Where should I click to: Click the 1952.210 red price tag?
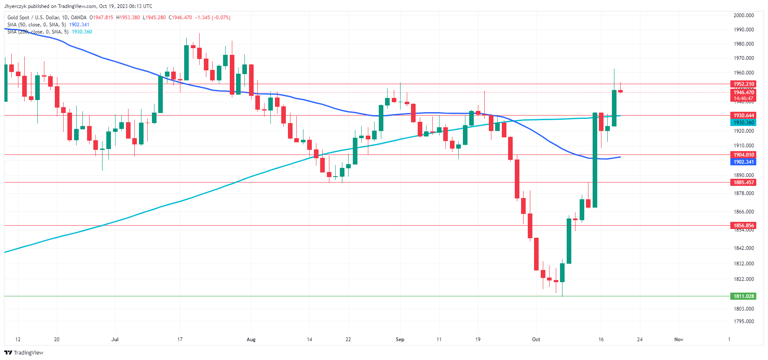(x=743, y=84)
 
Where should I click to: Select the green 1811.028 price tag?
(x=743, y=296)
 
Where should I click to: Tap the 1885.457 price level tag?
(x=743, y=183)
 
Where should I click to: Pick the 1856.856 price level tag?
(x=743, y=226)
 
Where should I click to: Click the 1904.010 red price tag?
(x=743, y=155)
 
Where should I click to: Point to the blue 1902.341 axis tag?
(x=743, y=162)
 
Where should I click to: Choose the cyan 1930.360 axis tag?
(x=743, y=123)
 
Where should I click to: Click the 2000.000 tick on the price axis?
(x=743, y=15)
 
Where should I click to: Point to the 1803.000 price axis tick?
(x=743, y=309)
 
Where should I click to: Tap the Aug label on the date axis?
(x=251, y=339)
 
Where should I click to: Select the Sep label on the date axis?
(x=400, y=339)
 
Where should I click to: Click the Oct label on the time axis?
(x=536, y=339)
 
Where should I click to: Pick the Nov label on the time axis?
(x=678, y=339)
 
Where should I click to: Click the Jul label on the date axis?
(x=115, y=339)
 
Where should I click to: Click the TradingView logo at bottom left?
(x=24, y=352)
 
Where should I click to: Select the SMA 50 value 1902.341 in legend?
(x=79, y=25)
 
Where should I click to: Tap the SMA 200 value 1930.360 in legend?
(x=82, y=32)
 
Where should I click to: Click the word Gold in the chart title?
(x=13, y=18)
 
